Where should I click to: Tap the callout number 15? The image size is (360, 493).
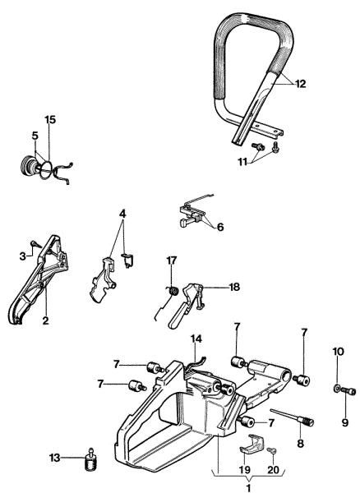point(50,120)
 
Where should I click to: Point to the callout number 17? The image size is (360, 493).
point(172,260)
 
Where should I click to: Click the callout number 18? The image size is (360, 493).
point(234,288)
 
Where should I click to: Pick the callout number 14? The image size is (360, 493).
point(196,339)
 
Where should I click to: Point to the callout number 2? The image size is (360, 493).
point(45,320)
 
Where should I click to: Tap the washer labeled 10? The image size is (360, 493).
point(337,388)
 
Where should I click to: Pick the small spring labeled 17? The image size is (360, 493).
point(173,290)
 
